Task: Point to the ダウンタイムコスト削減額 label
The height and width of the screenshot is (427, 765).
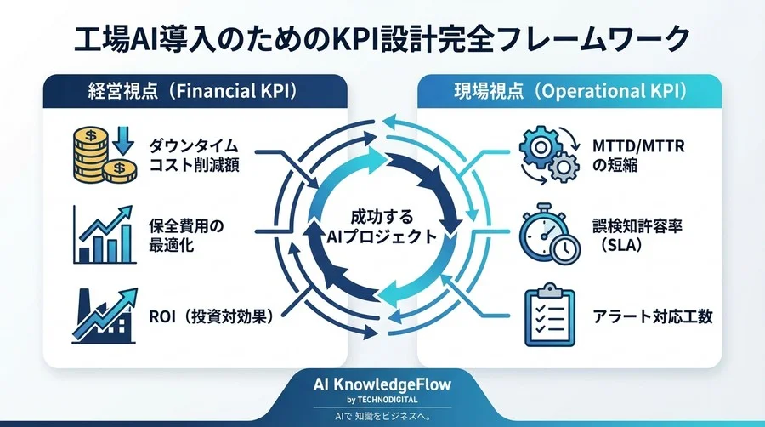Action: pyautogui.click(x=195, y=153)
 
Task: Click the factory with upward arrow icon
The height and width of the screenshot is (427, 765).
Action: pyautogui.click(x=102, y=316)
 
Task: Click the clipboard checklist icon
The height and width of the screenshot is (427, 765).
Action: pyautogui.click(x=543, y=316)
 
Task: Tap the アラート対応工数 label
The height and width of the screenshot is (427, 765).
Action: pyautogui.click(x=653, y=316)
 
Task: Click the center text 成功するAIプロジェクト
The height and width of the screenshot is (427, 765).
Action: pyautogui.click(x=382, y=227)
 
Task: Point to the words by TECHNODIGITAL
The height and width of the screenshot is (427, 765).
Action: pyautogui.click(x=382, y=401)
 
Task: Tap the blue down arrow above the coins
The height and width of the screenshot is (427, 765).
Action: pyautogui.click(x=119, y=138)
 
